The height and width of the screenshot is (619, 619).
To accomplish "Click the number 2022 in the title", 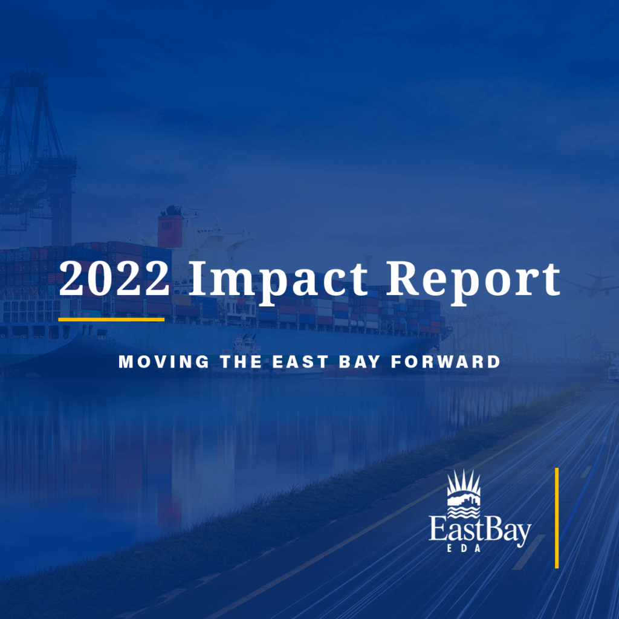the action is pyautogui.click(x=114, y=278).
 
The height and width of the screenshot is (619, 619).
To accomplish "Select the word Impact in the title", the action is pyautogui.click(x=278, y=282).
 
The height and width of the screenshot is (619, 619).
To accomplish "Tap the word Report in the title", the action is pyautogui.click(x=473, y=282).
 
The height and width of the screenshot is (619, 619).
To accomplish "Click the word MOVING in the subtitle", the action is pyautogui.click(x=164, y=361).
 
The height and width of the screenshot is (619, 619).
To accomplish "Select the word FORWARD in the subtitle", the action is pyautogui.click(x=446, y=361).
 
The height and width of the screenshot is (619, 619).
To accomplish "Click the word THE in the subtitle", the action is pyautogui.click(x=241, y=361).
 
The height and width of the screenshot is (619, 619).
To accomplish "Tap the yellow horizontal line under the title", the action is pyautogui.click(x=111, y=319).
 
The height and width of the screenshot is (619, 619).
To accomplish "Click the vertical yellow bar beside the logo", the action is pyautogui.click(x=557, y=518).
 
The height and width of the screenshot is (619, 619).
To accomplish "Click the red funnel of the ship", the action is pyautogui.click(x=170, y=232).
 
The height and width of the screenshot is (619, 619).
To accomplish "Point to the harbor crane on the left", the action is pyautogui.click(x=37, y=158).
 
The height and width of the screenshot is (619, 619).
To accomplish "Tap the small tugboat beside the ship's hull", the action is pyautogui.click(x=245, y=348).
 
